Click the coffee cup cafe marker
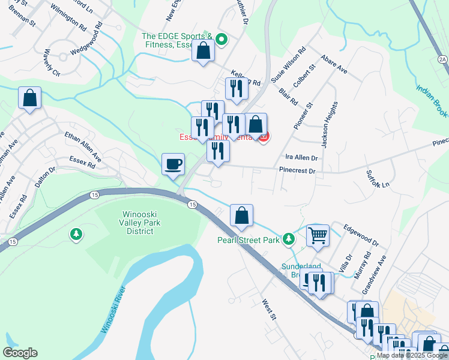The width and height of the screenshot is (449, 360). [173, 164]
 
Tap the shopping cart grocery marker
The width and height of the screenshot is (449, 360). [318, 235]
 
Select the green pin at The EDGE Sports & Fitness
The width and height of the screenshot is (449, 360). [221, 40]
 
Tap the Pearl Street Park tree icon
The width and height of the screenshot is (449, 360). [289, 239]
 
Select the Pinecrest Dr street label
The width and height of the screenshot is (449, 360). [297, 171]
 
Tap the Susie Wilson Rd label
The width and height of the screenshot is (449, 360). [288, 65]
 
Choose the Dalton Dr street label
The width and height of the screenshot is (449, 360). [44, 178]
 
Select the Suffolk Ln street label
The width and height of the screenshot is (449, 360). [378, 178]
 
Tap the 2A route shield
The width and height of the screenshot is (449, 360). [443, 59]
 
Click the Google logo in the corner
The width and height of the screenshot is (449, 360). [20, 353]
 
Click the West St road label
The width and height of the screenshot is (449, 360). [268, 310]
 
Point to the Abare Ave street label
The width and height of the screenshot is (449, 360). [334, 65]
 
